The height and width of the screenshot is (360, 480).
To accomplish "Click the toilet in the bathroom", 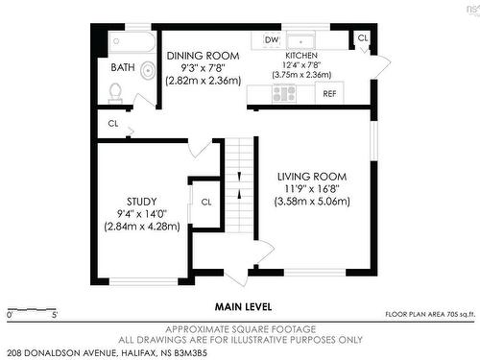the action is [115, 93].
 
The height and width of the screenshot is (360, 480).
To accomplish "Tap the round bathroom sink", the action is [148, 70].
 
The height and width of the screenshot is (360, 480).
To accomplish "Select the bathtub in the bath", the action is [132, 42].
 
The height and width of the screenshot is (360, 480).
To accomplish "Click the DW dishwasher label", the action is [272, 40].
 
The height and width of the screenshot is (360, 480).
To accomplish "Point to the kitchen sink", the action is [300, 41].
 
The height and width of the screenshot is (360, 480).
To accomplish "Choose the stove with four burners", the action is [284, 94].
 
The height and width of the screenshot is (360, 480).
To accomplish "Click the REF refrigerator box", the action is [329, 93].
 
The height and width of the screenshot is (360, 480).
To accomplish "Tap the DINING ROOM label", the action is [203, 56].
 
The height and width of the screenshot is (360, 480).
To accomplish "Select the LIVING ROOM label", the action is [312, 177].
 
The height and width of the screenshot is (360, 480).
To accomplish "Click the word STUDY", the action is [142, 202].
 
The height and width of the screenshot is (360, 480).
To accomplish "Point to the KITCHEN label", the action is [301, 56].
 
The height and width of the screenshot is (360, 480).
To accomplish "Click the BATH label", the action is [123, 67].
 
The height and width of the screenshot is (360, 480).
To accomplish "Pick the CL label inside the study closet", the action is [206, 203].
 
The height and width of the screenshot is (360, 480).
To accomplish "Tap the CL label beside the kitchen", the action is [363, 38].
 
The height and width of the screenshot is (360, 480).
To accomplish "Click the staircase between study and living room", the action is [239, 185].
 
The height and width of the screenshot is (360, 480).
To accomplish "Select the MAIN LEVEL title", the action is [243, 307].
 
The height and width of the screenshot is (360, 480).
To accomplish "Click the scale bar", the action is [32, 309].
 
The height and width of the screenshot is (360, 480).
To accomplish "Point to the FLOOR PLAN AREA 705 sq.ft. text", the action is [430, 315].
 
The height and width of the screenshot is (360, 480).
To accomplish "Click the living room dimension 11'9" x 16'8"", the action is [312, 189].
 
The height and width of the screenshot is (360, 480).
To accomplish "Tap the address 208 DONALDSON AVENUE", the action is [61, 353].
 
